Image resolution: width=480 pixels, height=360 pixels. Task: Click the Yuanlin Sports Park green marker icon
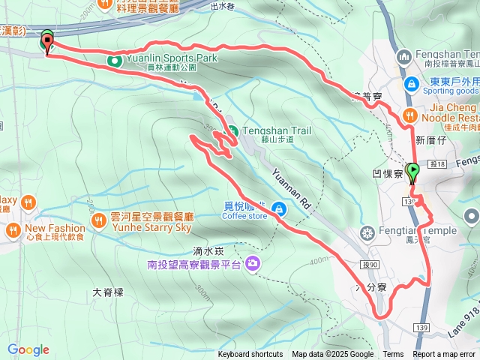(115, 59)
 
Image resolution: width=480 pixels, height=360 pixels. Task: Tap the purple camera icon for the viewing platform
(253, 263)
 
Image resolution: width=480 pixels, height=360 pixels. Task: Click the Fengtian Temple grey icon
(367, 231)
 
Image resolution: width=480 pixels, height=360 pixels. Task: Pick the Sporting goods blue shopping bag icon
(411, 84)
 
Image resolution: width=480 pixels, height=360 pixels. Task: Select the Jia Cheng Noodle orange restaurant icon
(409, 115)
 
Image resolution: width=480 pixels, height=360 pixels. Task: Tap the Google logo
(28, 349)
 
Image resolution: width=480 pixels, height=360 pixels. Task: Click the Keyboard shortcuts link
(250, 355)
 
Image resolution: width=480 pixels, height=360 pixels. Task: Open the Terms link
(393, 355)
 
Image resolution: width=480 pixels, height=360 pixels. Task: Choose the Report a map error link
(445, 355)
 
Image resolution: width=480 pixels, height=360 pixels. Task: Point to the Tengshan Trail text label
(278, 130)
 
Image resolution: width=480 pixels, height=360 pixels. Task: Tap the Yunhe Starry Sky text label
(150, 227)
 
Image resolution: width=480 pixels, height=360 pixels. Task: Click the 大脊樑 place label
(107, 292)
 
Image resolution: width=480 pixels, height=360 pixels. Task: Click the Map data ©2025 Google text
(332, 355)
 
